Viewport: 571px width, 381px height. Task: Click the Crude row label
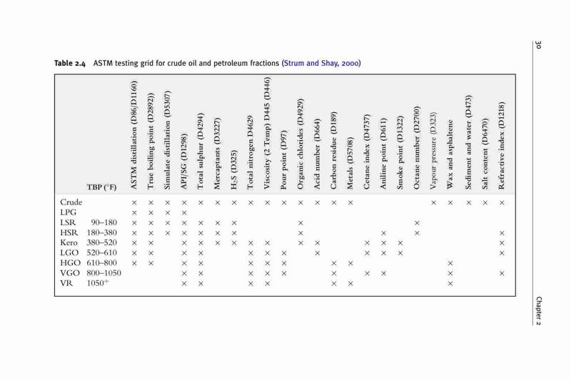pos(71,202)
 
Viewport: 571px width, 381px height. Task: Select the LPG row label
pos(68,212)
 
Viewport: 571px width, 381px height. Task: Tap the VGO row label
pos(70,273)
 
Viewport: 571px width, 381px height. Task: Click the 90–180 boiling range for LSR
pos(103,222)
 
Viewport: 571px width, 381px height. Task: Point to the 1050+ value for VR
pos(98,283)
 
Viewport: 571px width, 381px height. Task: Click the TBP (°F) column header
pos(101,187)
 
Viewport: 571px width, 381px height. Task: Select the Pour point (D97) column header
pos(284,159)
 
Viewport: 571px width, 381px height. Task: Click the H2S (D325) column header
pos(234,170)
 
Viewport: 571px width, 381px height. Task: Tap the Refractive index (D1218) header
pos(502,146)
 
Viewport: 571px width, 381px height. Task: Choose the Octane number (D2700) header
pos(417,148)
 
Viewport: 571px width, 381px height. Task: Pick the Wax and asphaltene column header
pos(450,154)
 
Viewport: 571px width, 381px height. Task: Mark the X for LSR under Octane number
pos(417,223)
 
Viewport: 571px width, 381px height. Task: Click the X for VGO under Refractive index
pos(502,273)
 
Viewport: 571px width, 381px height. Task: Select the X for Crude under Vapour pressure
pos(433,203)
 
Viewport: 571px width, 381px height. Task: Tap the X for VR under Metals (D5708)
pos(350,283)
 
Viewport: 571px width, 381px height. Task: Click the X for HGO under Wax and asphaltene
pos(450,263)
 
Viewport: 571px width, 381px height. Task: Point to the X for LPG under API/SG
pos(184,213)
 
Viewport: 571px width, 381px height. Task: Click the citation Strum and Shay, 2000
pos(321,63)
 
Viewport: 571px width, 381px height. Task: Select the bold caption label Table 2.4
pos(70,64)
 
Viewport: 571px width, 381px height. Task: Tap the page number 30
pos(538,45)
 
